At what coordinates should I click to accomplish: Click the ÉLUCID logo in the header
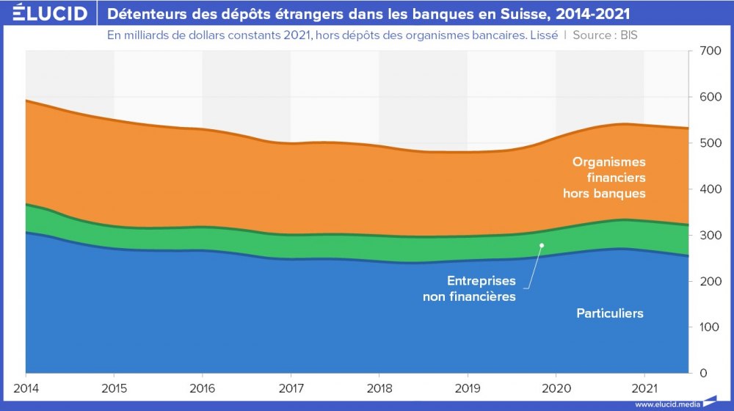click(x=46, y=14)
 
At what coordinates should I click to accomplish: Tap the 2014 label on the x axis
click(x=26, y=387)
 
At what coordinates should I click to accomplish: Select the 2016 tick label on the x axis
click(x=203, y=387)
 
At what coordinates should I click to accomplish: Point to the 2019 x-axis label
click(x=468, y=387)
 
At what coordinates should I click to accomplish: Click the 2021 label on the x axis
click(x=644, y=387)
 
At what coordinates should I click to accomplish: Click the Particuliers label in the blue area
click(x=609, y=313)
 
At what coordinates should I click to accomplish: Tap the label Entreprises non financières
click(x=469, y=288)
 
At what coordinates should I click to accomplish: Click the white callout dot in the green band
click(x=542, y=245)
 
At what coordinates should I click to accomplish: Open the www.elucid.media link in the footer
click(x=666, y=404)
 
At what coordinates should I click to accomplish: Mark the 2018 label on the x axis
click(x=379, y=387)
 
